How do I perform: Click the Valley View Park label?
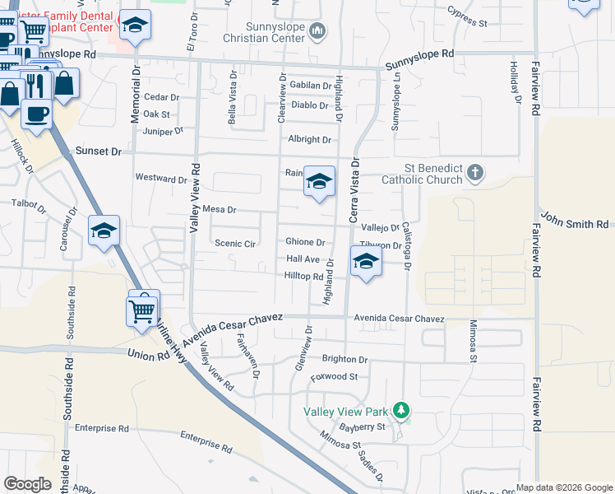(345, 412)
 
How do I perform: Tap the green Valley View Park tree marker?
(401, 409)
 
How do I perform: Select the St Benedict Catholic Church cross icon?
(474, 173)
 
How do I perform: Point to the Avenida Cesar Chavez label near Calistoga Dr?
(400, 319)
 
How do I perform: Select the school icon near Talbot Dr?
(104, 231)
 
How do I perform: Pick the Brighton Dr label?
(344, 360)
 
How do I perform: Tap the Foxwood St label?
(334, 377)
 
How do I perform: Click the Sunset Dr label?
(98, 151)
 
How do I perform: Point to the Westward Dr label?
(162, 179)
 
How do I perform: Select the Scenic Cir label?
(235, 244)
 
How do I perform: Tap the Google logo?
(28, 484)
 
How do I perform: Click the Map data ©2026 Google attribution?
(563, 487)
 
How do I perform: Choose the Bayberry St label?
(362, 427)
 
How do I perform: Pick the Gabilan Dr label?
(310, 86)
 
